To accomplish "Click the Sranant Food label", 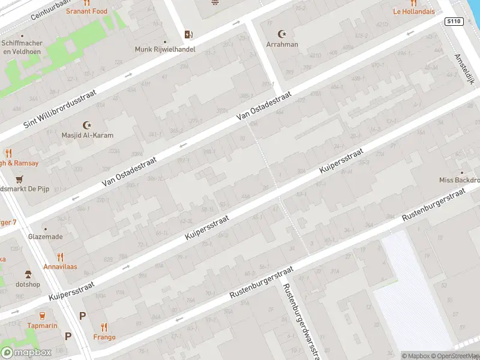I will pos(87,11).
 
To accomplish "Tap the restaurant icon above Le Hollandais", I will pos(413,2).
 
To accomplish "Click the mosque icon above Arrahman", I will pos(283,34).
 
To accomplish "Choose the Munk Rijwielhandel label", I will pos(165,49).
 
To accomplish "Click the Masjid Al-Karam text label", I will pos(88,135).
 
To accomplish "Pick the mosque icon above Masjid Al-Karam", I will pos(88,125).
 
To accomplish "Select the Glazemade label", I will pos(45,236).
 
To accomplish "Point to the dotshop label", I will pos(28,284).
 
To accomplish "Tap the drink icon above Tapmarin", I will pos(42,315).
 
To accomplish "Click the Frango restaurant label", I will pos(104,337).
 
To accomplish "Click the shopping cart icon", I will pos(20,179).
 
